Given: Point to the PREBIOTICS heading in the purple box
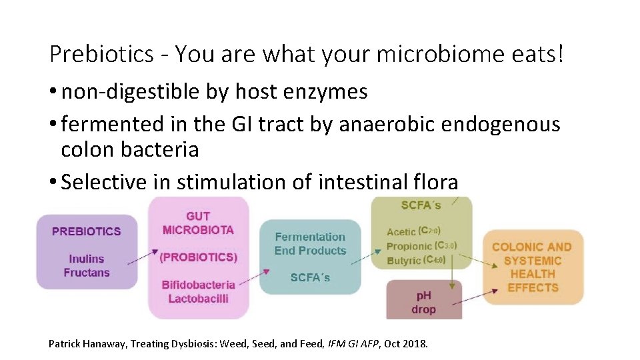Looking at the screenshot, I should click(x=87, y=232).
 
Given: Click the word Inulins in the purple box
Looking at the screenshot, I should click(x=87, y=259).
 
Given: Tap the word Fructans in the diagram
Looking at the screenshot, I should click(x=87, y=273).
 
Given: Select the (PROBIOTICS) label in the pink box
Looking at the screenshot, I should click(x=199, y=257).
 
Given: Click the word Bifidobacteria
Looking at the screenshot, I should click(x=199, y=285).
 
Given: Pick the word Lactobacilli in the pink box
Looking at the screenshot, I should click(x=199, y=299).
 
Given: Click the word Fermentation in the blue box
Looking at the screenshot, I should click(x=310, y=237).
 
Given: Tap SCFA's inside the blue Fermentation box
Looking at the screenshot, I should click(x=310, y=277).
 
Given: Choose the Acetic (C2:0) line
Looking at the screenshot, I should click(x=413, y=231).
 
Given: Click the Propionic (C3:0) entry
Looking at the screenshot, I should click(x=421, y=246).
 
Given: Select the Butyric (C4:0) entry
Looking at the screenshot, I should click(x=416, y=260).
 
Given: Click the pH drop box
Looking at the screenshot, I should click(x=423, y=302).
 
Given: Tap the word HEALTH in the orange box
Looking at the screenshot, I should click(x=533, y=274).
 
